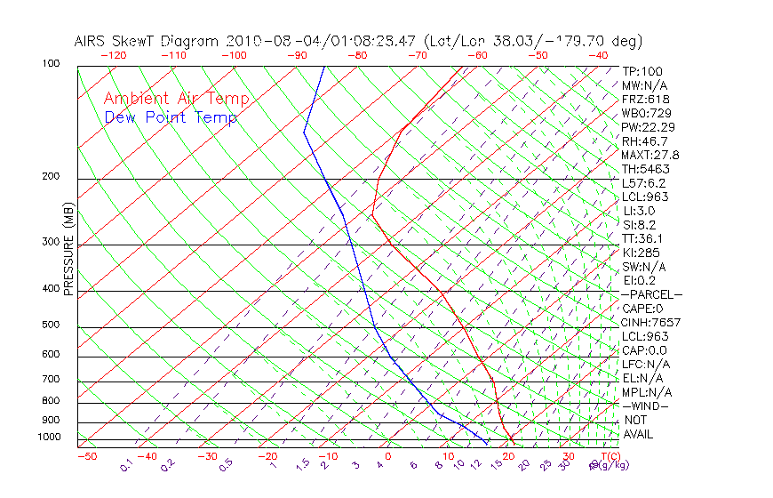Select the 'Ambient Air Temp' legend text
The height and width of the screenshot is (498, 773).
(176, 99)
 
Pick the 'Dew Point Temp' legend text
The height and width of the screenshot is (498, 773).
(170, 117)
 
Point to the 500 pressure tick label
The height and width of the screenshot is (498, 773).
(51, 325)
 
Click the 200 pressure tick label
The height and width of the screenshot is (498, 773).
(51, 177)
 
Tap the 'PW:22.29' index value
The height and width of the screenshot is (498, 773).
(649, 127)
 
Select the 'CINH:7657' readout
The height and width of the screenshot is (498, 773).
(651, 322)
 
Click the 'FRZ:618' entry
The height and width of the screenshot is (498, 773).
(646, 99)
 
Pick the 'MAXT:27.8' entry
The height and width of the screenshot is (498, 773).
(651, 155)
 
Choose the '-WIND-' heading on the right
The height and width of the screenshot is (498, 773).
(646, 406)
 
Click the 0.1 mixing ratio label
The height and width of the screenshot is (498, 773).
(127, 465)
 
